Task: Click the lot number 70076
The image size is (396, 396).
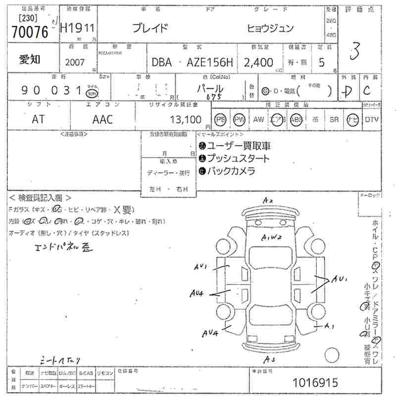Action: (30, 33)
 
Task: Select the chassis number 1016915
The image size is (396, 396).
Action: (315, 383)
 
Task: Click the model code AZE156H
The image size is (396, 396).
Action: (210, 62)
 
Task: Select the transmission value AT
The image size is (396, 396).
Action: (38, 119)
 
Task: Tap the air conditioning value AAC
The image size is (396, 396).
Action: (102, 119)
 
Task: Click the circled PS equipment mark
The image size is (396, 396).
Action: (220, 119)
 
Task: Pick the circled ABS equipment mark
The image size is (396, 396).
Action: (296, 119)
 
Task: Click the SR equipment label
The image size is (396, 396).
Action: (334, 119)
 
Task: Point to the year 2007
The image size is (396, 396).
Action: (75, 63)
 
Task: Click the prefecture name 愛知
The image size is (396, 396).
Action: (30, 59)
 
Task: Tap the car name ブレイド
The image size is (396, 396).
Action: (150, 28)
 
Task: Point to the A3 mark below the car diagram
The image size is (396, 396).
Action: (270, 360)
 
